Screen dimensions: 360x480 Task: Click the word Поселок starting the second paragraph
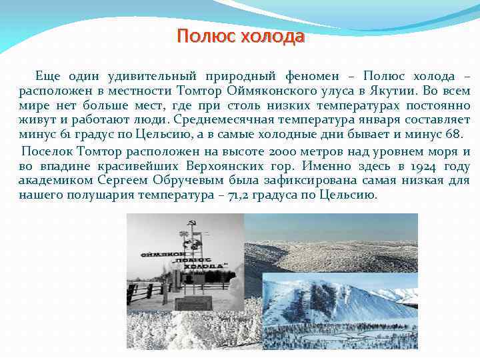(46, 151)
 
